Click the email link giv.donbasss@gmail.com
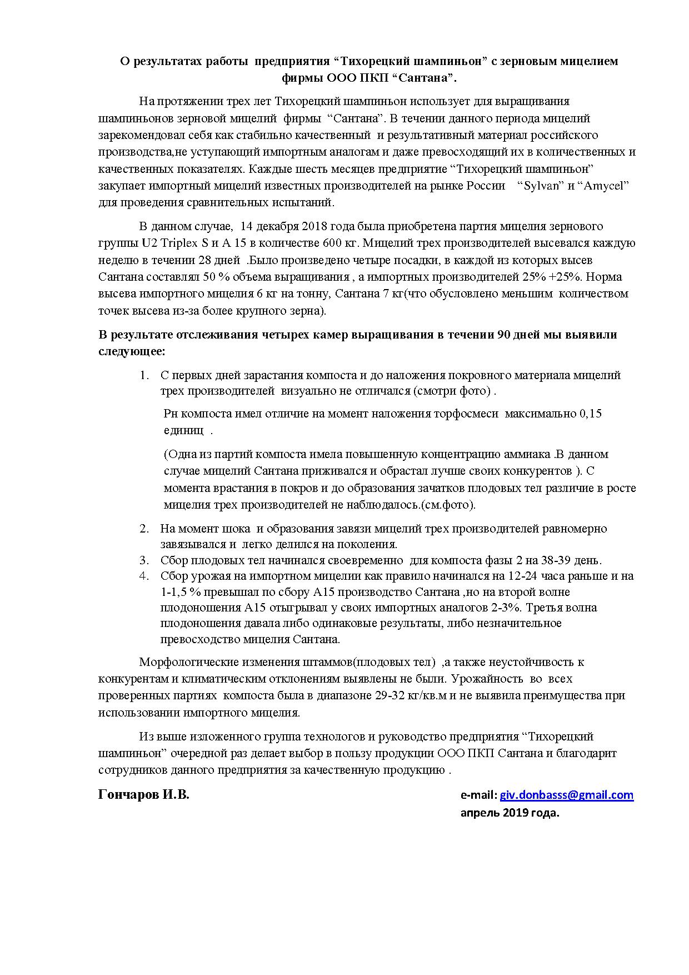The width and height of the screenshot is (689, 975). (566, 795)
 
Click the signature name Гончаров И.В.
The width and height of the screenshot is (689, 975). (143, 795)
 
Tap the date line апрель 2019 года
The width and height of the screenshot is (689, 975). (510, 813)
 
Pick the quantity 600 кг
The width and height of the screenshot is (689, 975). (339, 243)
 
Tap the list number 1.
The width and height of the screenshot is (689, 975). (144, 375)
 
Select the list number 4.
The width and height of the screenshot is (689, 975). (144, 576)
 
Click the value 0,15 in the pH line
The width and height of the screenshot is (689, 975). (590, 414)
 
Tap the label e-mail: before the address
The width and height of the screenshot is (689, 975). (478, 795)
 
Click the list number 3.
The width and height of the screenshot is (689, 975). (144, 560)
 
